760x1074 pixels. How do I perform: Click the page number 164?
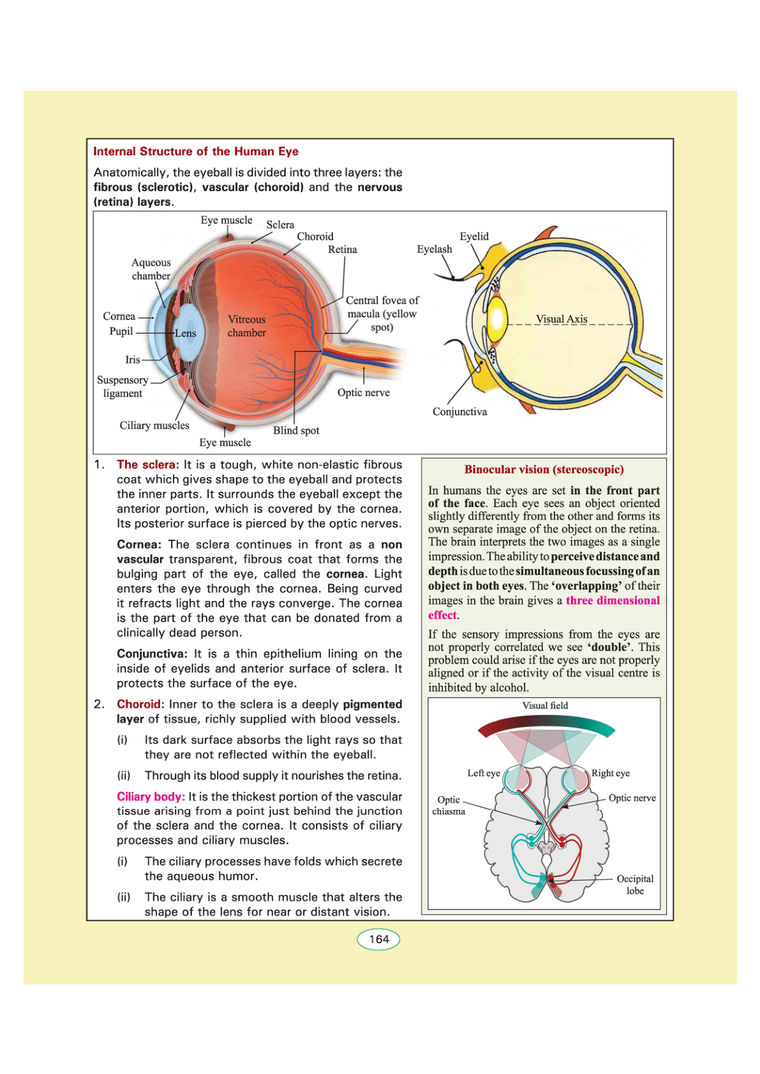click(x=378, y=939)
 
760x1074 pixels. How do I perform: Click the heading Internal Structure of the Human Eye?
click(x=195, y=152)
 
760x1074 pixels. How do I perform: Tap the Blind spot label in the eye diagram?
click(x=296, y=430)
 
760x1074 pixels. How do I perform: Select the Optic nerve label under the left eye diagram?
click(x=363, y=393)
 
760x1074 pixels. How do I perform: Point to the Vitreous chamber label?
click(x=246, y=326)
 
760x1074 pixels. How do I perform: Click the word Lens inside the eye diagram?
click(x=186, y=334)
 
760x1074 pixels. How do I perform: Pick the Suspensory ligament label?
click(x=123, y=386)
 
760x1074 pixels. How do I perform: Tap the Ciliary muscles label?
click(x=154, y=425)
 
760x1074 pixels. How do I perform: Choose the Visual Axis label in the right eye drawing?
click(x=562, y=319)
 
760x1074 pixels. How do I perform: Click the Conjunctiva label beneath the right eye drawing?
click(x=459, y=412)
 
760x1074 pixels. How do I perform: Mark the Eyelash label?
click(x=434, y=249)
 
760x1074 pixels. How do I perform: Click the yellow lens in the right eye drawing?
click(x=497, y=317)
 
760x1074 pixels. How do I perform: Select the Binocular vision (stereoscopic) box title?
click(x=544, y=470)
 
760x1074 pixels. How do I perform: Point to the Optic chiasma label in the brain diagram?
click(x=449, y=805)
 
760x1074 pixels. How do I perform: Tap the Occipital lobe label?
click(x=634, y=885)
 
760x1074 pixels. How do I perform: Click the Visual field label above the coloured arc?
click(x=545, y=706)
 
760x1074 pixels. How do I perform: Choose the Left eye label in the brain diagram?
click(x=483, y=774)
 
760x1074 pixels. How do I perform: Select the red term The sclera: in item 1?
click(x=148, y=465)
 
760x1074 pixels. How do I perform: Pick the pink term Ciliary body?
click(x=151, y=797)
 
